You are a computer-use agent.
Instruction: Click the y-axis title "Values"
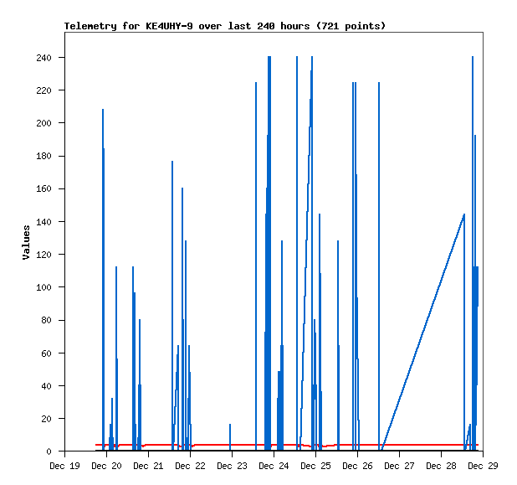26,242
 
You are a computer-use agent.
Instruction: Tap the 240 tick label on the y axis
44,58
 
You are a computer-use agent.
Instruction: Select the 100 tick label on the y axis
44,287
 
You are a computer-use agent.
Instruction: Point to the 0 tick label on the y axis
49,451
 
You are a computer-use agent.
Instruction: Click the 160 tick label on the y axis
44,189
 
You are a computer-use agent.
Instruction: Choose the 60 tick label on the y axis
46,353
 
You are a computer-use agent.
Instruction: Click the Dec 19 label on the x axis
64,466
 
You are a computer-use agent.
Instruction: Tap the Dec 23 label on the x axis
232,466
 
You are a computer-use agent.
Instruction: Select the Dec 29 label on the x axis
482,466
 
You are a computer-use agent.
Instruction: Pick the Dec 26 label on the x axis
357,466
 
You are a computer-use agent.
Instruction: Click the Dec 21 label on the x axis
148,466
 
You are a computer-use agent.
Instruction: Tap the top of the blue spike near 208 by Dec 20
103,111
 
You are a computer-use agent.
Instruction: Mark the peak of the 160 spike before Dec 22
182,189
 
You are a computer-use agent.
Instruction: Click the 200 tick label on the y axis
44,123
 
